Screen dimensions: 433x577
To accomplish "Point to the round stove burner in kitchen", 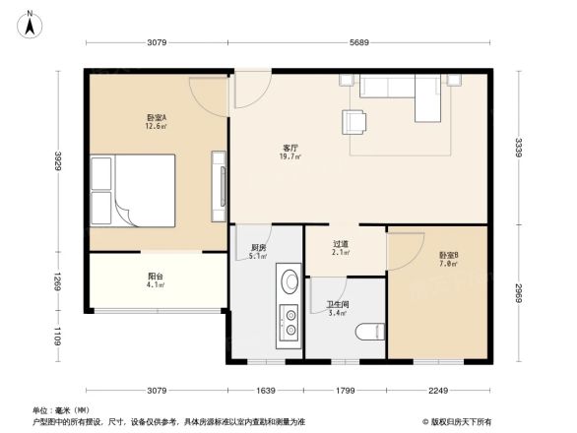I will [x=289, y=282].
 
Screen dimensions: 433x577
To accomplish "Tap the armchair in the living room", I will [x=354, y=121].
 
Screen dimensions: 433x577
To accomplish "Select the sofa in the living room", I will [x=401, y=91].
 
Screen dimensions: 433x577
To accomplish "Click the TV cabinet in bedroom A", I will [x=217, y=187].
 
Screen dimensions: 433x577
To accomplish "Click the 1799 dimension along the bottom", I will [x=345, y=393].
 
